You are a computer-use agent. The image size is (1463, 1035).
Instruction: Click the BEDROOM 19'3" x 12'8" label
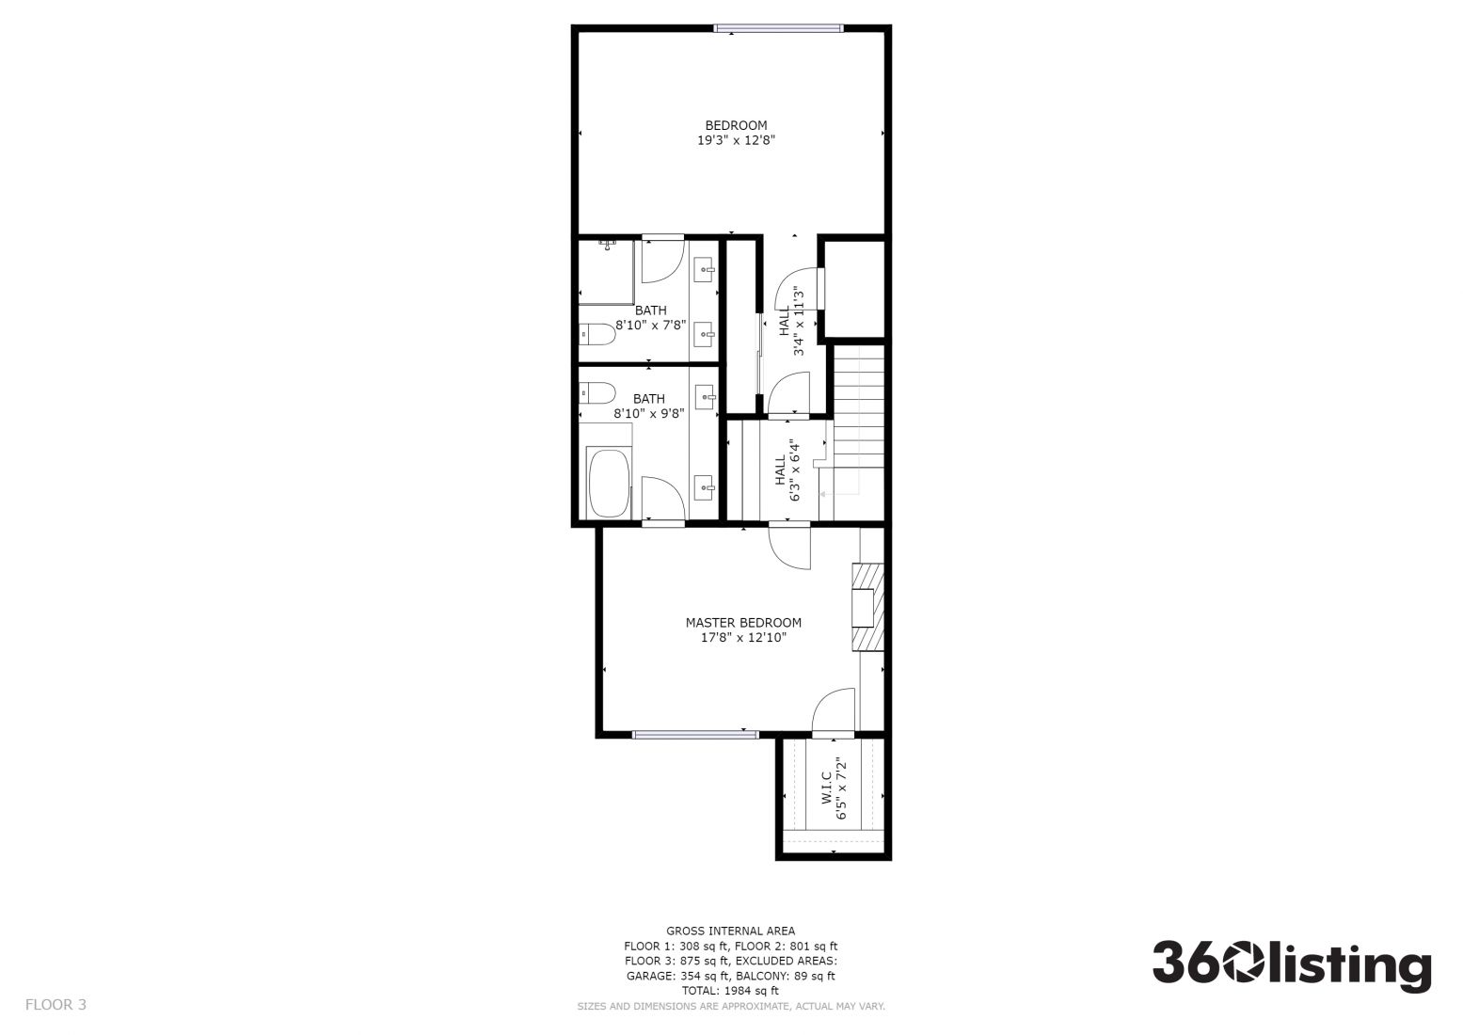pyautogui.click(x=736, y=133)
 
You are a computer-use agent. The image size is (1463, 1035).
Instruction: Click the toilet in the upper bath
pyautogui.click(x=596, y=335)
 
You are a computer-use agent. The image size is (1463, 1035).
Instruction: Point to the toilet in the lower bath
pyautogui.click(x=596, y=393)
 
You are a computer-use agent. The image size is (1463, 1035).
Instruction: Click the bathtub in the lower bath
pyautogui.click(x=610, y=484)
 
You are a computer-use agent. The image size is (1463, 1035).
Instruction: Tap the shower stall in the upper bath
pyautogui.click(x=607, y=272)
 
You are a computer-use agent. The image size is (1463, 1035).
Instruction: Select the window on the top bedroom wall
pyautogui.click(x=778, y=28)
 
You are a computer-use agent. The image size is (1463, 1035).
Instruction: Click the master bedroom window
pyautogui.click(x=695, y=735)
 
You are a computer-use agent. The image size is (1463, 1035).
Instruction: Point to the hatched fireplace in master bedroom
pyautogui.click(x=868, y=607)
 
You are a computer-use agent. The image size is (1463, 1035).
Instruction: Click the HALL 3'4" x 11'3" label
pyautogui.click(x=791, y=322)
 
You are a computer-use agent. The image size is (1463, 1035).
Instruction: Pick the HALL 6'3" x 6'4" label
pyautogui.click(x=787, y=470)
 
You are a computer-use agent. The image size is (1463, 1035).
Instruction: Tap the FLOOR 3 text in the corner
pyautogui.click(x=56, y=1004)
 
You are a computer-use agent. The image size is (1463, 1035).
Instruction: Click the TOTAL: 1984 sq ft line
pyautogui.click(x=730, y=991)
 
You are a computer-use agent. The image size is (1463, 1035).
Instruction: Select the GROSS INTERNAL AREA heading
pyautogui.click(x=730, y=931)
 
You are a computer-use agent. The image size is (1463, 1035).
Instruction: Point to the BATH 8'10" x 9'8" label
pyautogui.click(x=648, y=406)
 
